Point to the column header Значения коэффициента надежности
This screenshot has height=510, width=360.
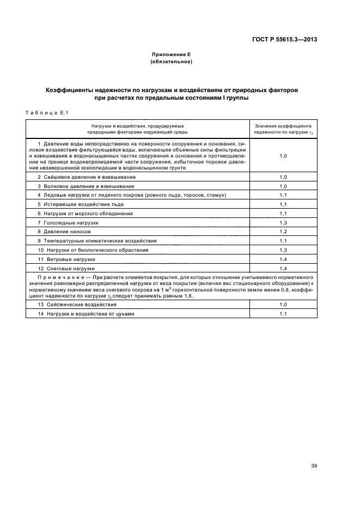pos(283,129)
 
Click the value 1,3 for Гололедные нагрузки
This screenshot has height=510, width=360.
pos(283,223)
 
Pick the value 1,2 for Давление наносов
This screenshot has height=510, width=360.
pos(283,232)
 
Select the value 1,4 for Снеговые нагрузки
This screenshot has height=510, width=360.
pos(283,269)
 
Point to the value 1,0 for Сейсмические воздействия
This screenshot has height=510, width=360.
pos(283,305)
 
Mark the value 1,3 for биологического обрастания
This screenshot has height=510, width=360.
pos(283,250)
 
